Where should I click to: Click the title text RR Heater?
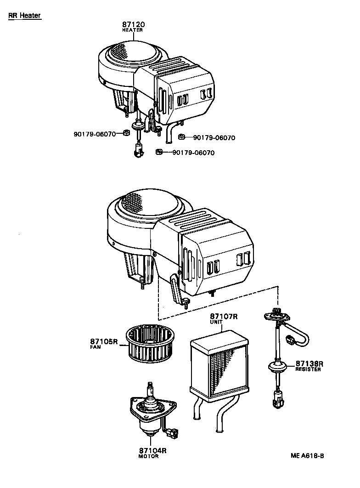coord(24,16)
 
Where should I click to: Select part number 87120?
coord(132,24)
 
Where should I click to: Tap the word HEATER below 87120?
coord(132,30)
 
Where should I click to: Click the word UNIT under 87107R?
coord(216,322)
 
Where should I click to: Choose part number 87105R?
coord(104,341)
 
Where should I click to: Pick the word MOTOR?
coord(148,456)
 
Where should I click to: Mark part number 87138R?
coord(309,363)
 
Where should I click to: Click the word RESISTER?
coord(308,369)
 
